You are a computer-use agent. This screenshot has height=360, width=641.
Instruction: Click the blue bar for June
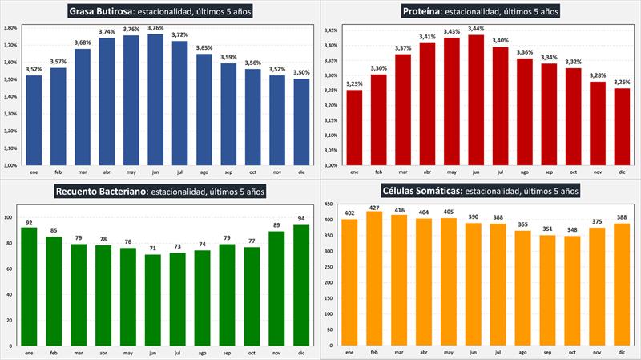click(155, 99)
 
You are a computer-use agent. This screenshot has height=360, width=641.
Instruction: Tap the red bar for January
click(354, 127)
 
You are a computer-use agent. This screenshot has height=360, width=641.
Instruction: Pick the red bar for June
click(477, 100)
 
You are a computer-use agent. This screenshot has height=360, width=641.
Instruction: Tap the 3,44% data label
click(477, 29)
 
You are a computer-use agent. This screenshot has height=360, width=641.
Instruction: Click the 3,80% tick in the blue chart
click(12, 27)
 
